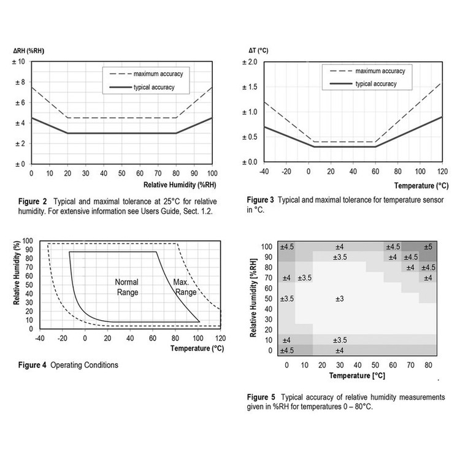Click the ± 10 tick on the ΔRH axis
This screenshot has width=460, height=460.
point(18,61)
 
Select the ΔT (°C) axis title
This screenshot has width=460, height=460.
point(258,50)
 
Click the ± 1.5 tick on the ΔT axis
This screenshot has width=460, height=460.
point(250,87)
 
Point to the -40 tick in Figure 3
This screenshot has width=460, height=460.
point(264,171)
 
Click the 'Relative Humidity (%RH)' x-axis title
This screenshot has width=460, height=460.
point(180,185)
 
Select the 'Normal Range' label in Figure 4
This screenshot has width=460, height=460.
point(127,287)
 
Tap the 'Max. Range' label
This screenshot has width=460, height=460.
point(185,287)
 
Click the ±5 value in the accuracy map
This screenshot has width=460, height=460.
point(428,247)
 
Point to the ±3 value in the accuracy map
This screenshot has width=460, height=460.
point(339,299)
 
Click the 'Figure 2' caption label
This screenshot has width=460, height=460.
point(33,202)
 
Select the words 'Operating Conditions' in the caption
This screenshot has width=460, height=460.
point(84,365)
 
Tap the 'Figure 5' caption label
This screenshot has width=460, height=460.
point(261,397)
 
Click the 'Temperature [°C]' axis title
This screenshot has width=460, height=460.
point(357,375)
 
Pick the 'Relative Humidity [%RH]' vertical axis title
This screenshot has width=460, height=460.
point(253,297)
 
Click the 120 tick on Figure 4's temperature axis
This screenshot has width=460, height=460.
point(221,338)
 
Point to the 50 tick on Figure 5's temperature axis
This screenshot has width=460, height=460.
point(375,366)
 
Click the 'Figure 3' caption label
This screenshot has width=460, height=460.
point(261,200)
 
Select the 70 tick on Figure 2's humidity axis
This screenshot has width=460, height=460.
point(158,174)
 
